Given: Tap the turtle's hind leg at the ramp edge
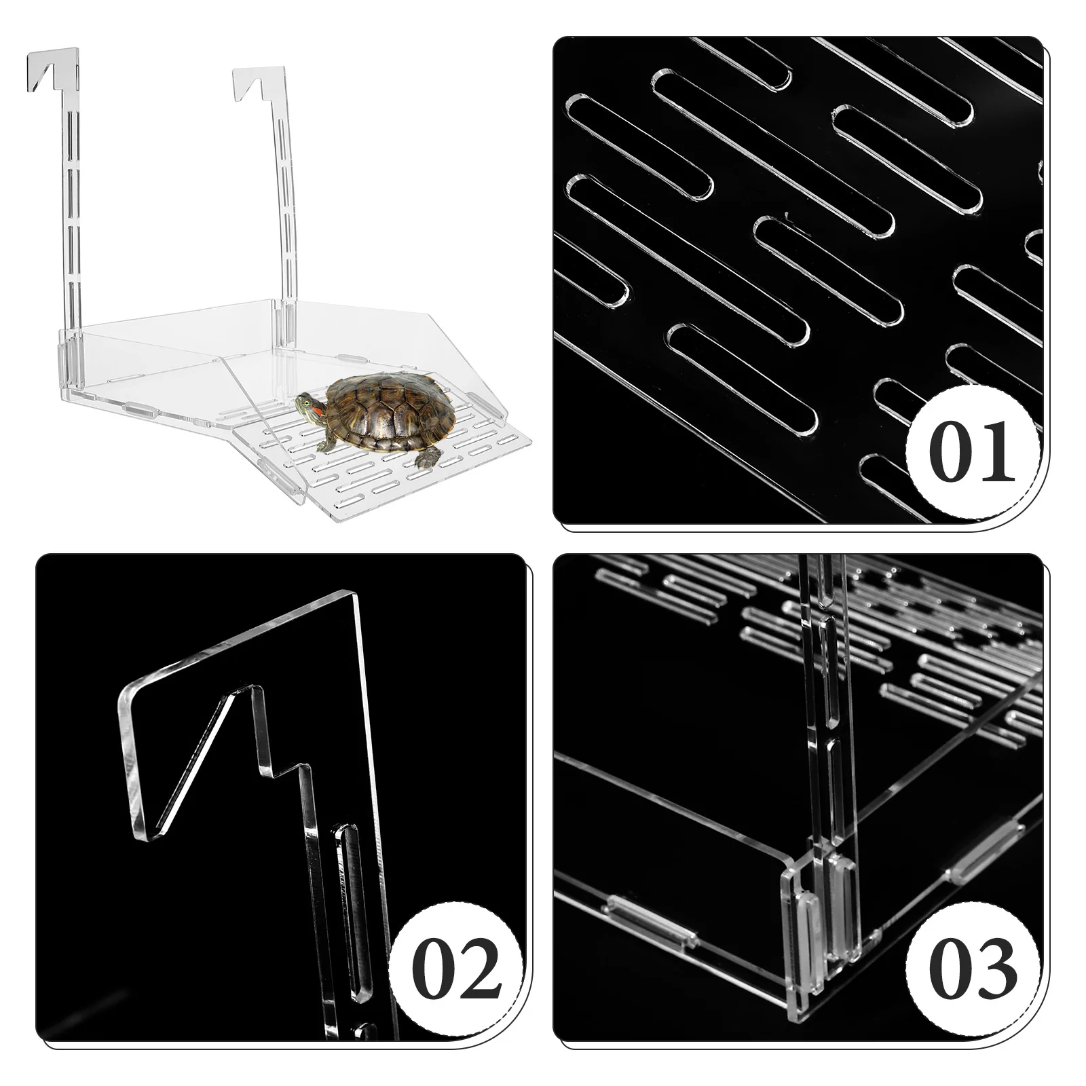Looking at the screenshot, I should (x=426, y=460).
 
